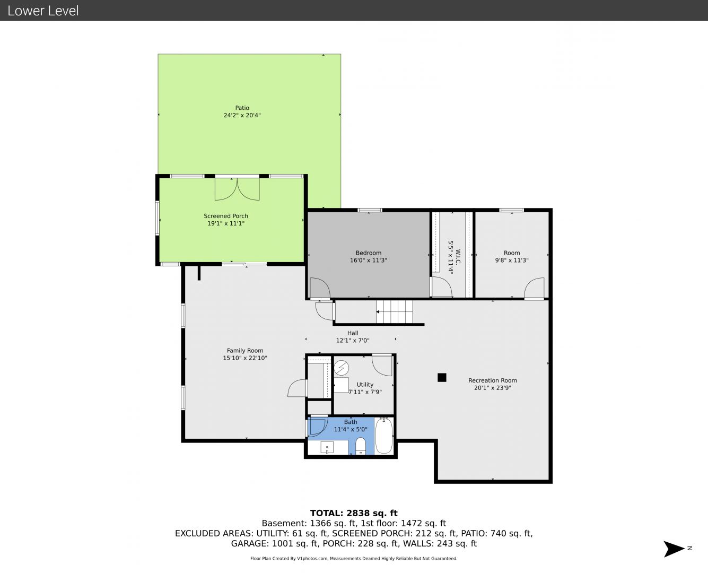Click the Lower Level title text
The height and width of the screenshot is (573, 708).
tap(43, 11)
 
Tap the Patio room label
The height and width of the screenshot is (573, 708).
tap(242, 108)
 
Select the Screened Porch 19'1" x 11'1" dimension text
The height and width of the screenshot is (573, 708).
tap(226, 223)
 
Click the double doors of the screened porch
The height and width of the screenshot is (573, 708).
tap(237, 189)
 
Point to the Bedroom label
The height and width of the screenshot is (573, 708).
tap(368, 253)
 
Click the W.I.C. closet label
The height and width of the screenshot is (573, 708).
tap(458, 257)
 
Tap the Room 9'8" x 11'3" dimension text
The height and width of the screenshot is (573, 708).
tap(512, 260)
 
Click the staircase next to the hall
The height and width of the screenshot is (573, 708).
tap(395, 311)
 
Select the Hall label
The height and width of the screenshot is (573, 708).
tap(353, 333)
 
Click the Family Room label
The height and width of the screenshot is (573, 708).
tap(245, 351)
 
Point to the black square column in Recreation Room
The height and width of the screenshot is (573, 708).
tap(442, 377)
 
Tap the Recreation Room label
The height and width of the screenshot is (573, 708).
tap(493, 380)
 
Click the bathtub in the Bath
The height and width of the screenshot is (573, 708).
tap(384, 436)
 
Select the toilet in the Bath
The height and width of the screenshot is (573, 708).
tap(361, 446)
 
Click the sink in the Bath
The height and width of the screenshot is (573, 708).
tap(327, 447)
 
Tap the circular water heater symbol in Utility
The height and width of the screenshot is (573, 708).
tap(342, 368)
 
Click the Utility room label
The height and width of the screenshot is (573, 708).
tap(365, 385)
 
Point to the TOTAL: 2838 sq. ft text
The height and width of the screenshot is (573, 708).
tap(354, 513)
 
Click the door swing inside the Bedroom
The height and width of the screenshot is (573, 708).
tap(320, 288)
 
